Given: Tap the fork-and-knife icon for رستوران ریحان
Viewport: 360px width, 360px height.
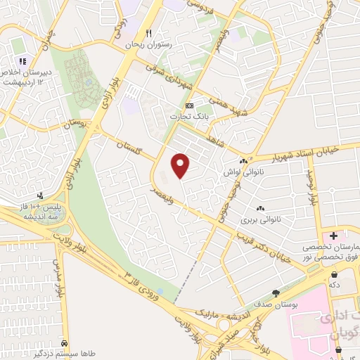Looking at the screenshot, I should coord(148,33).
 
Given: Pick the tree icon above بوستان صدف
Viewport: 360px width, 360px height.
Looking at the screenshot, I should coord(275,292).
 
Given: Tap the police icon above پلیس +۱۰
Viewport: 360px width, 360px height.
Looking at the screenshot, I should coord(41,196).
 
